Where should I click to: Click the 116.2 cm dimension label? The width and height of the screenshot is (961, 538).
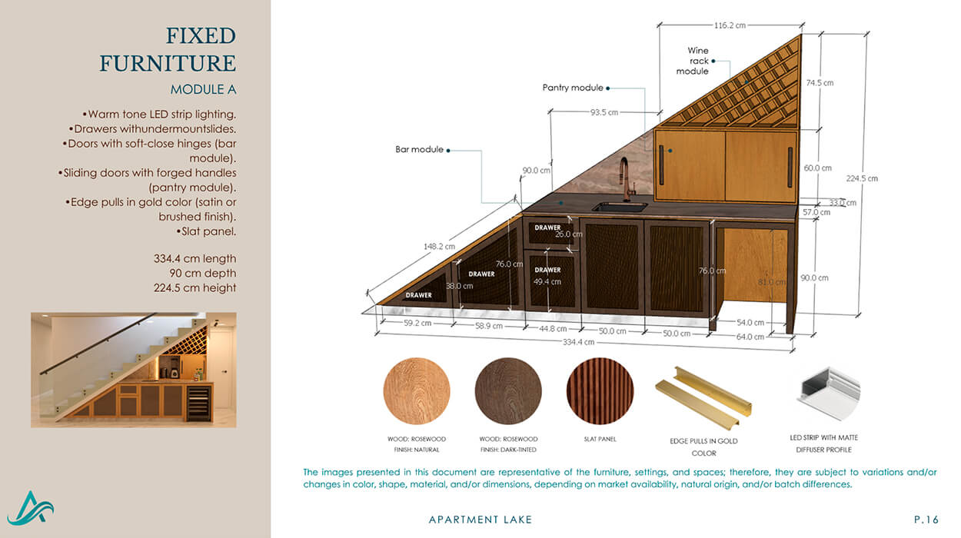[x=730, y=25]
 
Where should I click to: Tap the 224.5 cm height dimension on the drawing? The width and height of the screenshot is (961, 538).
[x=862, y=178]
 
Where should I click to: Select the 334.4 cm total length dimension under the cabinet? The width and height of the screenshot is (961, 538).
[x=579, y=342]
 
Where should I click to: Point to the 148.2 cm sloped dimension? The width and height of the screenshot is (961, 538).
[x=439, y=246]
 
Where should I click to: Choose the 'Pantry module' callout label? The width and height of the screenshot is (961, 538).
[x=573, y=88]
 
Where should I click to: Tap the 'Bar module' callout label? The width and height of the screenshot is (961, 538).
[x=419, y=149]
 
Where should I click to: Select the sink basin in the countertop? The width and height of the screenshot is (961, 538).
[x=620, y=208]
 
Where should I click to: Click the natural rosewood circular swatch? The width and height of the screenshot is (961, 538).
[x=417, y=391]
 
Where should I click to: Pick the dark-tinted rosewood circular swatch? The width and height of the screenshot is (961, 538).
[x=508, y=391]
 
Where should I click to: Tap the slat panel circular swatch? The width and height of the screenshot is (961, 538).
[x=600, y=391]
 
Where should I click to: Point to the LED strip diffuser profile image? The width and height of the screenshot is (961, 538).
[x=829, y=394]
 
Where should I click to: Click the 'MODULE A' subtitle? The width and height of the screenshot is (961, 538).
[x=204, y=90]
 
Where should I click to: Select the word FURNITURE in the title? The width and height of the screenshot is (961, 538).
[x=168, y=64]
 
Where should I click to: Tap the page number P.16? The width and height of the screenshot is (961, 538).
[x=926, y=520]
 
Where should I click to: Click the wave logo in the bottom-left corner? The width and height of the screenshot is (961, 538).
[x=30, y=508]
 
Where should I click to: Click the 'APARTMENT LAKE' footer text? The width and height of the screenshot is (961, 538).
[x=480, y=520]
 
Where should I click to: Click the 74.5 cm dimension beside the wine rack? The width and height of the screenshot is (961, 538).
[x=820, y=83]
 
